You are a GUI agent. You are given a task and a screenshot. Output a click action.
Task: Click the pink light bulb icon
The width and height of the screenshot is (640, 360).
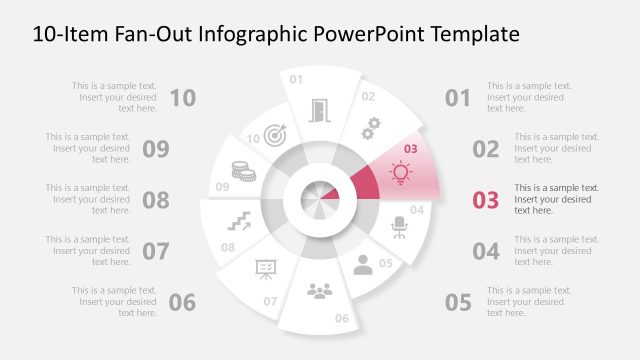tap(400, 173)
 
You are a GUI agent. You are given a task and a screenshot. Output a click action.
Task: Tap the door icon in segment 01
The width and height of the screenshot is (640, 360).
tap(319, 110)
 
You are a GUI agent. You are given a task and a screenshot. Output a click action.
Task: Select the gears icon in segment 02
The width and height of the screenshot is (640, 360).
tap(371, 127)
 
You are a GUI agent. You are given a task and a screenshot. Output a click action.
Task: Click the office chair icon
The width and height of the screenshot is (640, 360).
tap(399, 227)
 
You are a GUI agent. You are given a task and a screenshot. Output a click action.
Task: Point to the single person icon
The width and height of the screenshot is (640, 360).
tap(362, 264)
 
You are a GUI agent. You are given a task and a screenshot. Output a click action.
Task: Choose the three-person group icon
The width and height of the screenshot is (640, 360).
tap(319, 290)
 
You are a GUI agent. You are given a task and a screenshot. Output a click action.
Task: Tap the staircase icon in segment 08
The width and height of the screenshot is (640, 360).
tap(238, 220)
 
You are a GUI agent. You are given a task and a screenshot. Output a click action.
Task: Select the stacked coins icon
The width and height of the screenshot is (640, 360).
tap(241, 171)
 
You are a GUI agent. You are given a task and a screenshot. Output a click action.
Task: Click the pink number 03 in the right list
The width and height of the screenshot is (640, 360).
tap(485, 199)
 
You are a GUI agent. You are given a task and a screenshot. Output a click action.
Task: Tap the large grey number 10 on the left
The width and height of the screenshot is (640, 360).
tap(183, 97)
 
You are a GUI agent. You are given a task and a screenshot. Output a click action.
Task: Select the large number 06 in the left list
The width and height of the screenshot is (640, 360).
tap(183, 301)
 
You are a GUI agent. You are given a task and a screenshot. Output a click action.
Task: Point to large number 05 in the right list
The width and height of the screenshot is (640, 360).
tap(458, 301)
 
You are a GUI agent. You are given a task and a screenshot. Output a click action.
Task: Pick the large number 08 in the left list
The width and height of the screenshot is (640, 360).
tap(156, 199)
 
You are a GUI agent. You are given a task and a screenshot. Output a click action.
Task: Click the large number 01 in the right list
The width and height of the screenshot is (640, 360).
tap(458, 97)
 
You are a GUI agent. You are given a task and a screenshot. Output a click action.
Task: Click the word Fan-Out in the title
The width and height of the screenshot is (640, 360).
tap(147, 34)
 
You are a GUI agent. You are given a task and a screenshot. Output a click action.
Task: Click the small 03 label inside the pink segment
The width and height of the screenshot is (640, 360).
tap(409, 150)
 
